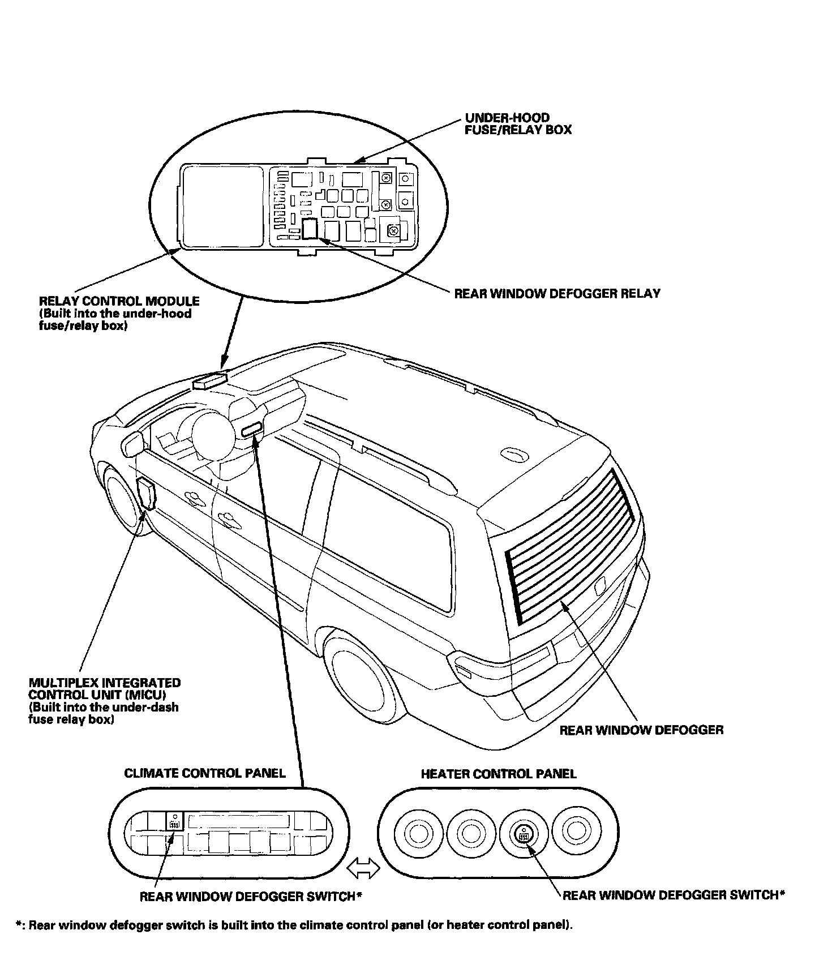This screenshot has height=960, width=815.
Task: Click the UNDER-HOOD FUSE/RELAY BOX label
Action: [x=518, y=123]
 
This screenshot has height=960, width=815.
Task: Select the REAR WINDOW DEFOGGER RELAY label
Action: [x=557, y=293]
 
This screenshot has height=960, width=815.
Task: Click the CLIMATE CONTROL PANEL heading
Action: [x=205, y=773]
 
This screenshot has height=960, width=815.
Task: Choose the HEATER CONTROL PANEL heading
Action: [x=499, y=774]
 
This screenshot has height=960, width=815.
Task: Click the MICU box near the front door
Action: [x=145, y=493]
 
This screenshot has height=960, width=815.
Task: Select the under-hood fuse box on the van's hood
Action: [x=210, y=380]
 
